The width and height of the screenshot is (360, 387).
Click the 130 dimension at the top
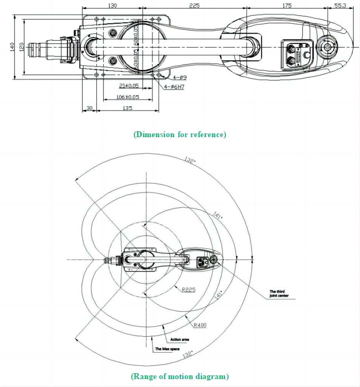[112, 5]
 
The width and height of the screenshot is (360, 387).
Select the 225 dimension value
[194, 5]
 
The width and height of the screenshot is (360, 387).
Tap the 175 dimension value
[287, 5]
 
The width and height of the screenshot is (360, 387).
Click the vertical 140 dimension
[12, 47]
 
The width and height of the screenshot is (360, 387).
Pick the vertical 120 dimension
[22, 47]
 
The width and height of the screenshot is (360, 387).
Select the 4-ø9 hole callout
[180, 78]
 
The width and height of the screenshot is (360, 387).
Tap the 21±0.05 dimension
[129, 86]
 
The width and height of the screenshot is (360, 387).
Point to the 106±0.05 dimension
[128, 97]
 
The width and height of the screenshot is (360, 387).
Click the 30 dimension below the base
[89, 108]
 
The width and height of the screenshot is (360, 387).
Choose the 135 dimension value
[127, 108]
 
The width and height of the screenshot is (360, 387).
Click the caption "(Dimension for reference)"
[179, 135]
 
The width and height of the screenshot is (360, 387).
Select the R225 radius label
[188, 290]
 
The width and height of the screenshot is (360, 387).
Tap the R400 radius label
[200, 325]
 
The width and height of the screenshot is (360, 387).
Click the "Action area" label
[180, 339]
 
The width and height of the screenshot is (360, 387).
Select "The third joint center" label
[279, 293]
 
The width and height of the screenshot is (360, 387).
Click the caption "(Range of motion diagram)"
[180, 376]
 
